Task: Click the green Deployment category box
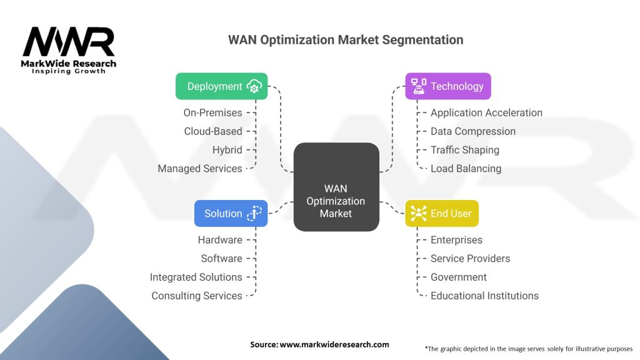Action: (x=221, y=86)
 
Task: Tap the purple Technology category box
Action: (x=447, y=86)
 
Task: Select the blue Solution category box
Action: (x=231, y=213)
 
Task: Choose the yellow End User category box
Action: (x=442, y=213)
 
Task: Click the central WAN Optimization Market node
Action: (x=336, y=201)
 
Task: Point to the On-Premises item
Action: (x=212, y=112)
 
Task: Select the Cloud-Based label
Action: (x=213, y=131)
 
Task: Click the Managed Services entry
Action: (x=200, y=168)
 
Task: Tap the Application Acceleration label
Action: (x=486, y=112)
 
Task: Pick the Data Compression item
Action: (x=473, y=131)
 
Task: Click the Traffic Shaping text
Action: (x=465, y=150)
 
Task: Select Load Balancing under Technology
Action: (x=466, y=168)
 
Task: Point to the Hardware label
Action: (x=220, y=240)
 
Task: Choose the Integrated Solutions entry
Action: (x=196, y=277)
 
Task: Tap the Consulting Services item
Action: (x=197, y=296)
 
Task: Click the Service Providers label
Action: (x=470, y=258)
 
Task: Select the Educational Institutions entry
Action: (x=484, y=296)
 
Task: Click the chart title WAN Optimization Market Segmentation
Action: (x=346, y=40)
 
